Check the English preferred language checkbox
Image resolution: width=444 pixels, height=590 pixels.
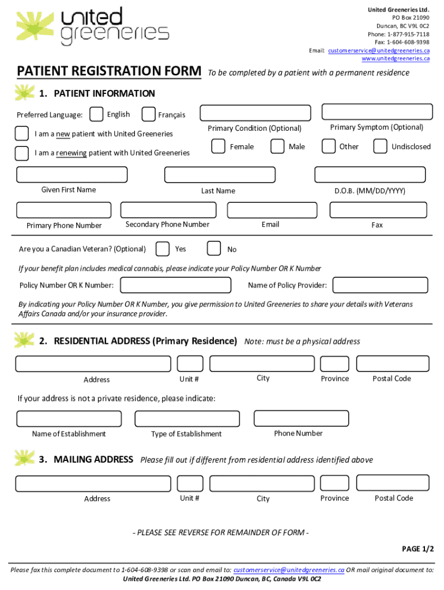(x=97, y=115)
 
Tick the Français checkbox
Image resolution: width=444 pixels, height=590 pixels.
(x=148, y=115)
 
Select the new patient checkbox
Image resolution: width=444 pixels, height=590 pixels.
(x=22, y=134)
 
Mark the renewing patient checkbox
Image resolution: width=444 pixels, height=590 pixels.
(x=22, y=153)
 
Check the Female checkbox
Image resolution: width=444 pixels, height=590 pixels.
(x=218, y=146)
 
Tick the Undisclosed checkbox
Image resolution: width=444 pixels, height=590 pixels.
(x=380, y=146)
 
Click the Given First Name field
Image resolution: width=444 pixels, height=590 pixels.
(x=72, y=175)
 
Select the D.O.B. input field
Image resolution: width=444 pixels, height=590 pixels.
(x=370, y=175)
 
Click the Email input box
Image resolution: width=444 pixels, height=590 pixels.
(x=270, y=210)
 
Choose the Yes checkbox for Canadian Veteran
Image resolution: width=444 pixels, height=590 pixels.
(x=163, y=248)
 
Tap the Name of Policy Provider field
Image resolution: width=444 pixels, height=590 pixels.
(x=379, y=285)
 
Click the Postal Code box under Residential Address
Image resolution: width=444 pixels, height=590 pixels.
(x=393, y=364)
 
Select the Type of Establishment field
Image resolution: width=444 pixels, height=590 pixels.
(x=187, y=419)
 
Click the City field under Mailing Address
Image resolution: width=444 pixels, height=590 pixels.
(x=262, y=483)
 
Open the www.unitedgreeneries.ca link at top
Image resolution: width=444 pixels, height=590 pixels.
(x=396, y=59)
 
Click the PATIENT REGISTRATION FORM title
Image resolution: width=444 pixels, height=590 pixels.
(x=109, y=71)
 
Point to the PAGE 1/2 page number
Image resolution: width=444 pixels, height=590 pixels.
(x=418, y=549)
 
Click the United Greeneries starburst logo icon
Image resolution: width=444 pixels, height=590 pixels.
(x=36, y=25)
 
